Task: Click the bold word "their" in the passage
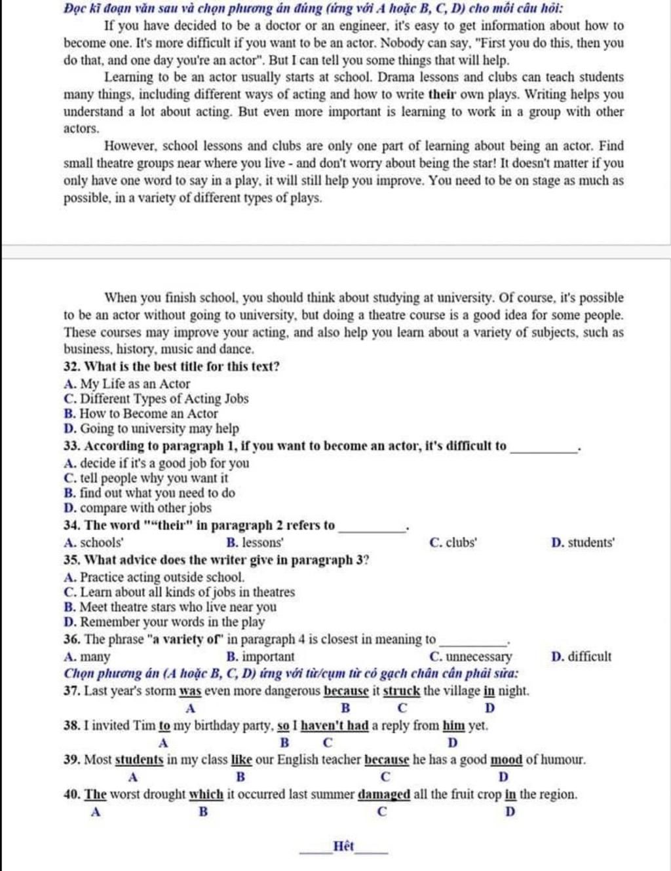(x=442, y=94)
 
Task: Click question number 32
(x=72, y=366)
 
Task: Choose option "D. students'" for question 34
(x=583, y=542)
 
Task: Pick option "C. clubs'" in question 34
(x=453, y=542)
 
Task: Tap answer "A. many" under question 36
(x=87, y=656)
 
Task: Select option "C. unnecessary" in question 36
(x=470, y=656)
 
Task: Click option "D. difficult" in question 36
(x=581, y=656)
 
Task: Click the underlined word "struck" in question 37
(x=401, y=691)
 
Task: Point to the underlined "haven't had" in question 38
(x=335, y=726)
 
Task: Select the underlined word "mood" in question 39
(x=507, y=760)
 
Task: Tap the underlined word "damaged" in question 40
(x=384, y=794)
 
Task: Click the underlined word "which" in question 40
(x=206, y=794)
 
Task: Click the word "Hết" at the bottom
(x=343, y=845)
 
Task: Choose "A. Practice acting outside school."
(x=154, y=577)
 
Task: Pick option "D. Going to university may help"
(x=151, y=428)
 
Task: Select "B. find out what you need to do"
(x=149, y=493)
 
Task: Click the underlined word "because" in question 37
(x=347, y=691)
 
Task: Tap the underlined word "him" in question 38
(x=453, y=726)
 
